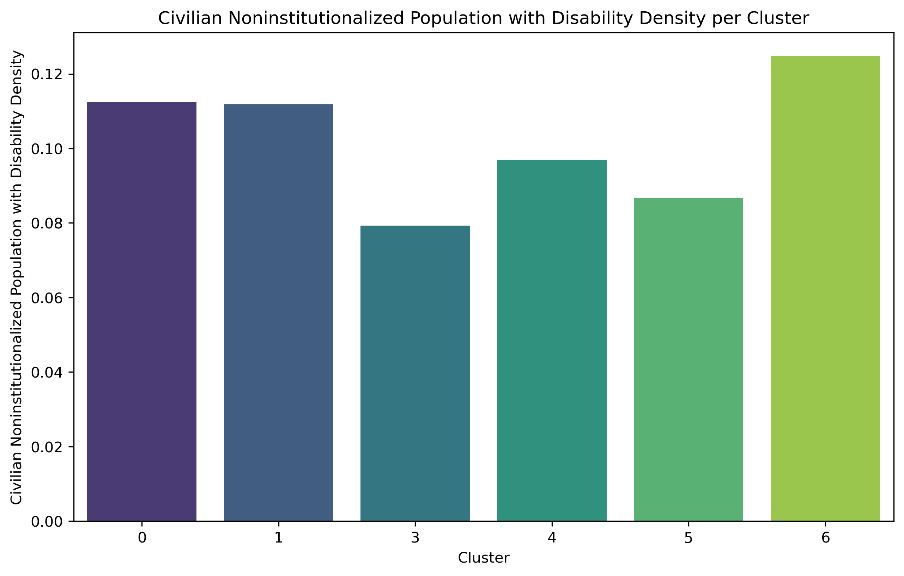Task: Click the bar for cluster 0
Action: click(141, 312)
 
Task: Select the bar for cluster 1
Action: click(278, 313)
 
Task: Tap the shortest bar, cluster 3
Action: click(415, 373)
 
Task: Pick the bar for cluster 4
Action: click(552, 340)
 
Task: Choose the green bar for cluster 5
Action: click(688, 360)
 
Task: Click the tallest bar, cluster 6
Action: click(825, 288)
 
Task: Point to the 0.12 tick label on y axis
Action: click(47, 75)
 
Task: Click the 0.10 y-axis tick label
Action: click(47, 149)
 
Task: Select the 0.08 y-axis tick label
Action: click(47, 223)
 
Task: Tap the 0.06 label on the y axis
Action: click(47, 298)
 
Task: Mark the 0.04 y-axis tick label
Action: click(47, 373)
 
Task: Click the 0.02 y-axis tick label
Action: click(47, 447)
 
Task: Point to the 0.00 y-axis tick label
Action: click(47, 522)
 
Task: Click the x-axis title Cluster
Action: click(484, 558)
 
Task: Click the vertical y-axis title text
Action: click(17, 278)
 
